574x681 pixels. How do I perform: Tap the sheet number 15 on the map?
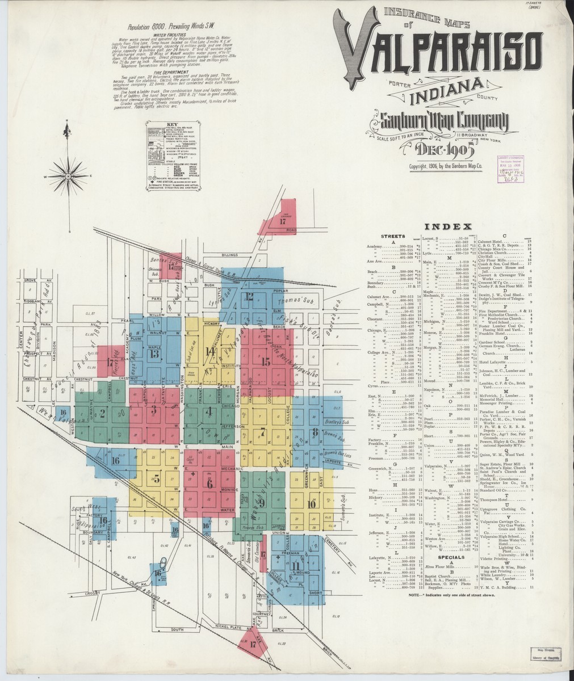coord(265,361)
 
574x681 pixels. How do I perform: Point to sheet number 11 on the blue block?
coord(296,565)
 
